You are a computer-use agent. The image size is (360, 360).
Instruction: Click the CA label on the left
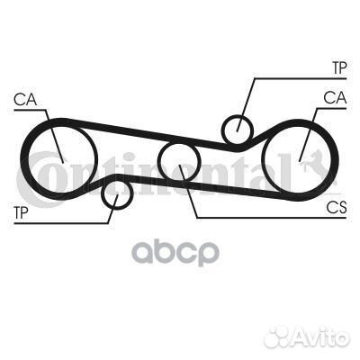click(25, 100)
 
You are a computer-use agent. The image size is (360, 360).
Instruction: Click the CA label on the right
click(335, 98)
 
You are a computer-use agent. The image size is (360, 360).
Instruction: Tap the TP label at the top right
click(339, 68)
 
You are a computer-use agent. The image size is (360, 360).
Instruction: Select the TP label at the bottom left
click(21, 212)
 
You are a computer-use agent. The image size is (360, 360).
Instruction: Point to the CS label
click(337, 207)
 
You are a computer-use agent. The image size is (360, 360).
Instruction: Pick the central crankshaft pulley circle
click(159, 161)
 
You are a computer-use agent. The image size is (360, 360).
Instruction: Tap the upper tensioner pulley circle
click(223, 130)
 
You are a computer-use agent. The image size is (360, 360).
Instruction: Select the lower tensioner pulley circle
click(103, 195)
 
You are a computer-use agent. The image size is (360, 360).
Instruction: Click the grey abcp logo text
click(175, 254)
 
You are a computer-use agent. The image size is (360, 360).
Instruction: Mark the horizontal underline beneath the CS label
click(271, 218)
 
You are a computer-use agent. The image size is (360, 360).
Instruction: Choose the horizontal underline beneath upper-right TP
click(301, 79)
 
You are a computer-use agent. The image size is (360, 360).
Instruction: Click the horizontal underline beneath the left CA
click(30, 110)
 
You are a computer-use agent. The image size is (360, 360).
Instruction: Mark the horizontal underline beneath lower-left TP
click(61, 223)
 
